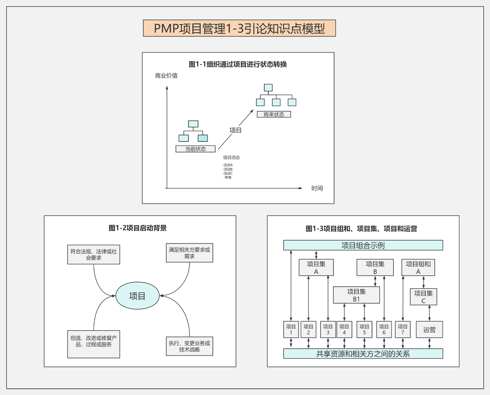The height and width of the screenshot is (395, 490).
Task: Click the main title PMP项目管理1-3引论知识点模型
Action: (239, 28)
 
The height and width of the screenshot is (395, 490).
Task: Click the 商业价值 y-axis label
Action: (166, 76)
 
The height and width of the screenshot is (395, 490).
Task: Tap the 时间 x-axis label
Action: (317, 188)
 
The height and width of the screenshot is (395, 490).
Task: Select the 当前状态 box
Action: (195, 149)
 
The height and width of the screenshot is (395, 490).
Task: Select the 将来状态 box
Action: (274, 114)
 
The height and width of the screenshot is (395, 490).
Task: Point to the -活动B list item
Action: (228, 169)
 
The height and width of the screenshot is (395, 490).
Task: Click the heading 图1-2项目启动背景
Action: (138, 228)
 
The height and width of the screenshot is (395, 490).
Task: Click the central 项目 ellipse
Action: (137, 296)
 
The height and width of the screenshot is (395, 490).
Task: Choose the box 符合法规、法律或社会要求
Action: (94, 254)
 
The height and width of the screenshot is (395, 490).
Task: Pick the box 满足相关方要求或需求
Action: (189, 253)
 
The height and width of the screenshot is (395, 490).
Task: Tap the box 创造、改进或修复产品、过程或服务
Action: (94, 344)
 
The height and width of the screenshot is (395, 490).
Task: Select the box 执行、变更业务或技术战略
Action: (189, 346)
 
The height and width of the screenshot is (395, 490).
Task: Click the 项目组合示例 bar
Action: (363, 245)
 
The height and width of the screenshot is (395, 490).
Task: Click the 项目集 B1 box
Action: (356, 295)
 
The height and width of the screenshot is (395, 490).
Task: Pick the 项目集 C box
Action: (423, 297)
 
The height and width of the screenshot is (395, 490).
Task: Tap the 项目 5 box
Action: (364, 329)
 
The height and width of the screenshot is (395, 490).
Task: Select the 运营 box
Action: (429, 329)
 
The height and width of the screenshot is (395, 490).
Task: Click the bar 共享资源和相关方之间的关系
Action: (363, 354)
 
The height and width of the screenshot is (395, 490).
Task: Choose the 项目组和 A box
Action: (418, 267)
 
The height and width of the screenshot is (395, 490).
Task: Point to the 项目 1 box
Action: (291, 329)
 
